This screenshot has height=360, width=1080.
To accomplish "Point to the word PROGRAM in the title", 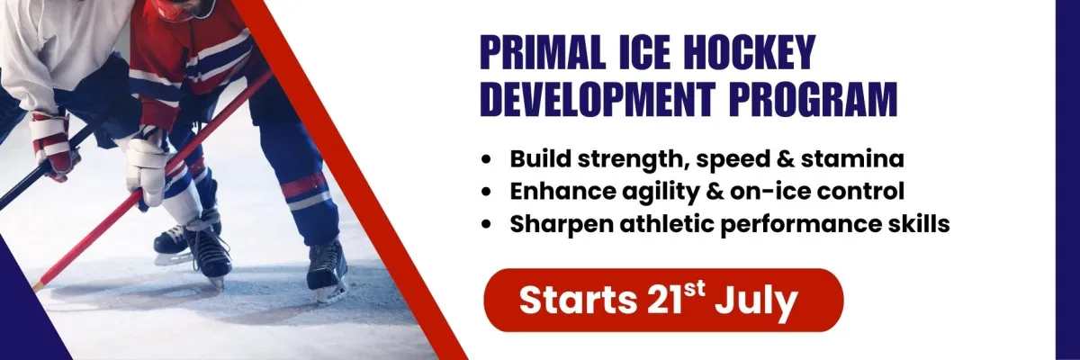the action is coord(814,100).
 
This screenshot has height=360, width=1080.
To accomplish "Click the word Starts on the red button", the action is coord(578,301).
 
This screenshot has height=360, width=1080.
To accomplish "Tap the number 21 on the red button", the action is coord(662,301).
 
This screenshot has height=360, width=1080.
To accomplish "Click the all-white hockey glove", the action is coord(146,170).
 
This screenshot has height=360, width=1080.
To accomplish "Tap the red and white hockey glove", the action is coord(54,145).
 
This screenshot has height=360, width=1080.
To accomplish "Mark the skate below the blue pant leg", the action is coord(327,271).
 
